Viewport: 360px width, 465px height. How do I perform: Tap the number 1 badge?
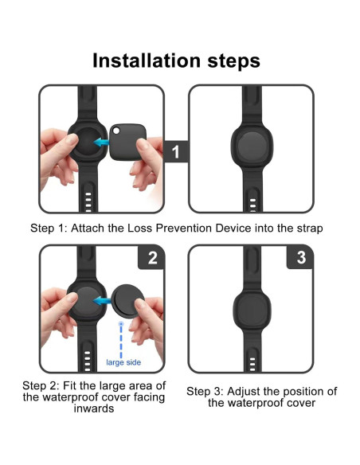pos(176,150)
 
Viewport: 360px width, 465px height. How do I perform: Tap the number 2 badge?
pos(152,259)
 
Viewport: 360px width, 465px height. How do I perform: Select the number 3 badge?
pos(300,259)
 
